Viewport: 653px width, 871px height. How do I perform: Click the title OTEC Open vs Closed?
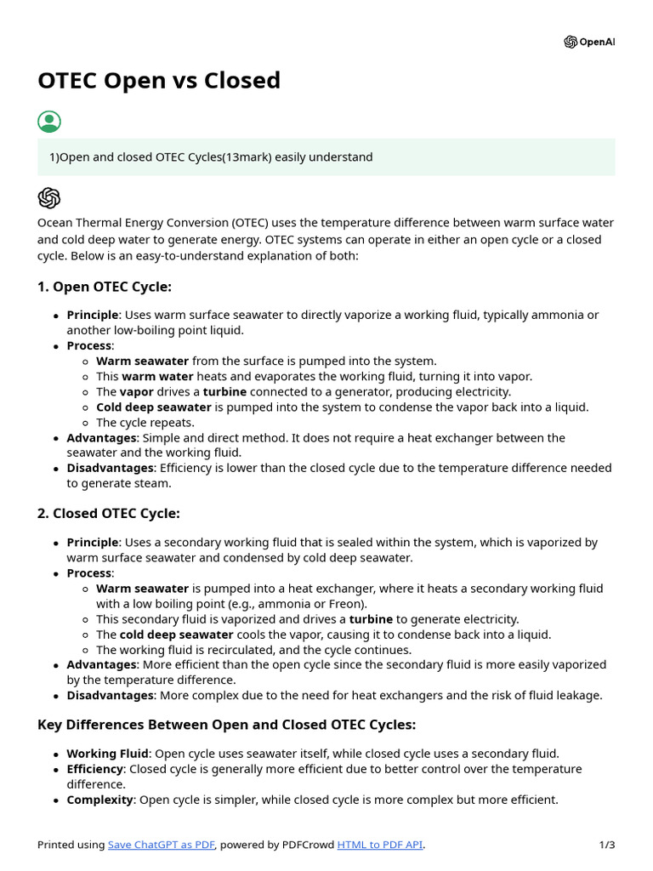click(159, 81)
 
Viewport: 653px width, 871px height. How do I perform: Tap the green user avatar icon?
click(49, 122)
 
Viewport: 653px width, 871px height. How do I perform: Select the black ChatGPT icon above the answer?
click(49, 198)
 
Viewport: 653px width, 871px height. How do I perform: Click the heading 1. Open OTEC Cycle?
click(105, 287)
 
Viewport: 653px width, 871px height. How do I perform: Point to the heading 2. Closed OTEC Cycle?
click(109, 514)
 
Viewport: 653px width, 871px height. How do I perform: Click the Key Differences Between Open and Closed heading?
click(226, 725)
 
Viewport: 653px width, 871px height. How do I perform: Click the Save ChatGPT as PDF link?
click(162, 845)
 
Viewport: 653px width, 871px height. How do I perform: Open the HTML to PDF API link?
click(380, 845)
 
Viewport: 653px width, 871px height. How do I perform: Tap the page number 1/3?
click(606, 845)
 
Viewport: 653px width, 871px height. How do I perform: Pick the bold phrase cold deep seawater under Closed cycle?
click(176, 635)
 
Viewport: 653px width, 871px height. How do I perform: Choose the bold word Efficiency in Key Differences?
click(95, 769)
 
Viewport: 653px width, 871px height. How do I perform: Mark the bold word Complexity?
click(99, 800)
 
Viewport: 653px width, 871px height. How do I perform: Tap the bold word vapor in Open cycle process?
click(136, 392)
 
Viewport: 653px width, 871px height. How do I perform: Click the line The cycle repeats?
click(145, 423)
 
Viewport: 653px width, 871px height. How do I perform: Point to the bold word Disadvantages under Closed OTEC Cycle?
click(111, 696)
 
